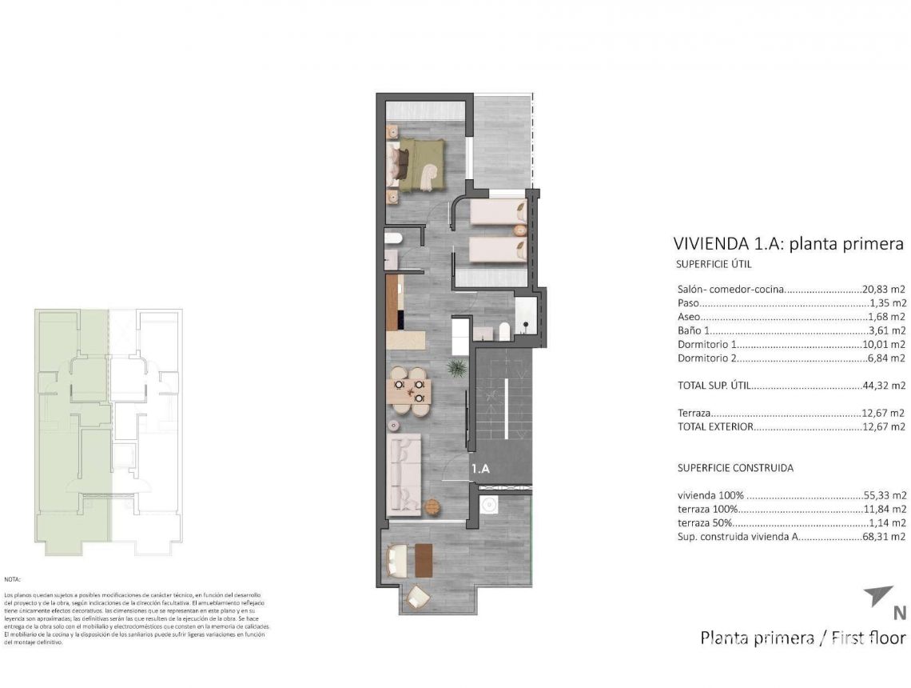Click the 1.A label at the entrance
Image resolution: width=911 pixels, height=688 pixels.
pos(480,470)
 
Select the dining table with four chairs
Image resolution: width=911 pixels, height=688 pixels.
pos(409,391)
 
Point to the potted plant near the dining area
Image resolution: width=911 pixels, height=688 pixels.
pos(457,369)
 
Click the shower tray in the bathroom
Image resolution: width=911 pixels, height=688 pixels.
pos(527,315)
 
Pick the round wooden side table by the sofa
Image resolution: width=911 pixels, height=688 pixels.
pos(432,507)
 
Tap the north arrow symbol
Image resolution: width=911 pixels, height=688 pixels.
pos(878,596)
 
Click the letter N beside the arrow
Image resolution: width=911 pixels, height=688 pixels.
pos(899,614)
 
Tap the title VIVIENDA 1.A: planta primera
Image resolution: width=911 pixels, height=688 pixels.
pos(788,244)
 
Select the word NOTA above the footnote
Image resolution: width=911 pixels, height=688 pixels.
pos(12,578)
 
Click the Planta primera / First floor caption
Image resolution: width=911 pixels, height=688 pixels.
pos(802,638)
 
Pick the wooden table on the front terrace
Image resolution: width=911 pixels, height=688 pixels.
pos(424,559)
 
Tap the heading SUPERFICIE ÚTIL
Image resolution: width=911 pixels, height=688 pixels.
pos(714,265)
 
